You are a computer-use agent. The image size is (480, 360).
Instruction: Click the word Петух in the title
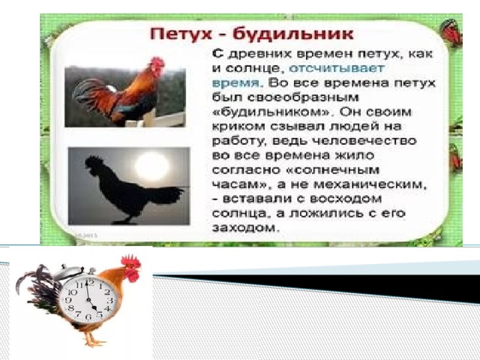point(181,34)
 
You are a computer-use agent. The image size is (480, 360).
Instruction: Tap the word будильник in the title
point(293,34)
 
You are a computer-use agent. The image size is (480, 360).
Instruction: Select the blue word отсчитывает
point(337,68)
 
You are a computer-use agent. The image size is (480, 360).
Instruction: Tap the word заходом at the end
point(246,228)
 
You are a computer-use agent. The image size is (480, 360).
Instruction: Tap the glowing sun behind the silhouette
point(151,165)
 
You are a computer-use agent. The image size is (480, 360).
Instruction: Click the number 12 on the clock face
point(89,282)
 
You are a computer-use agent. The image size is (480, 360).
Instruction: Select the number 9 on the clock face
point(68,300)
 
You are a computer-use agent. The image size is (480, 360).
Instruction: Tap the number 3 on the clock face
point(110,300)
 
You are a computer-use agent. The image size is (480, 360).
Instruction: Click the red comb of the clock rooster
point(130,260)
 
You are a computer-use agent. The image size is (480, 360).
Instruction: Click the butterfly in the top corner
point(451,31)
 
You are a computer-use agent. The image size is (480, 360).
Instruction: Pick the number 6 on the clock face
point(88,316)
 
